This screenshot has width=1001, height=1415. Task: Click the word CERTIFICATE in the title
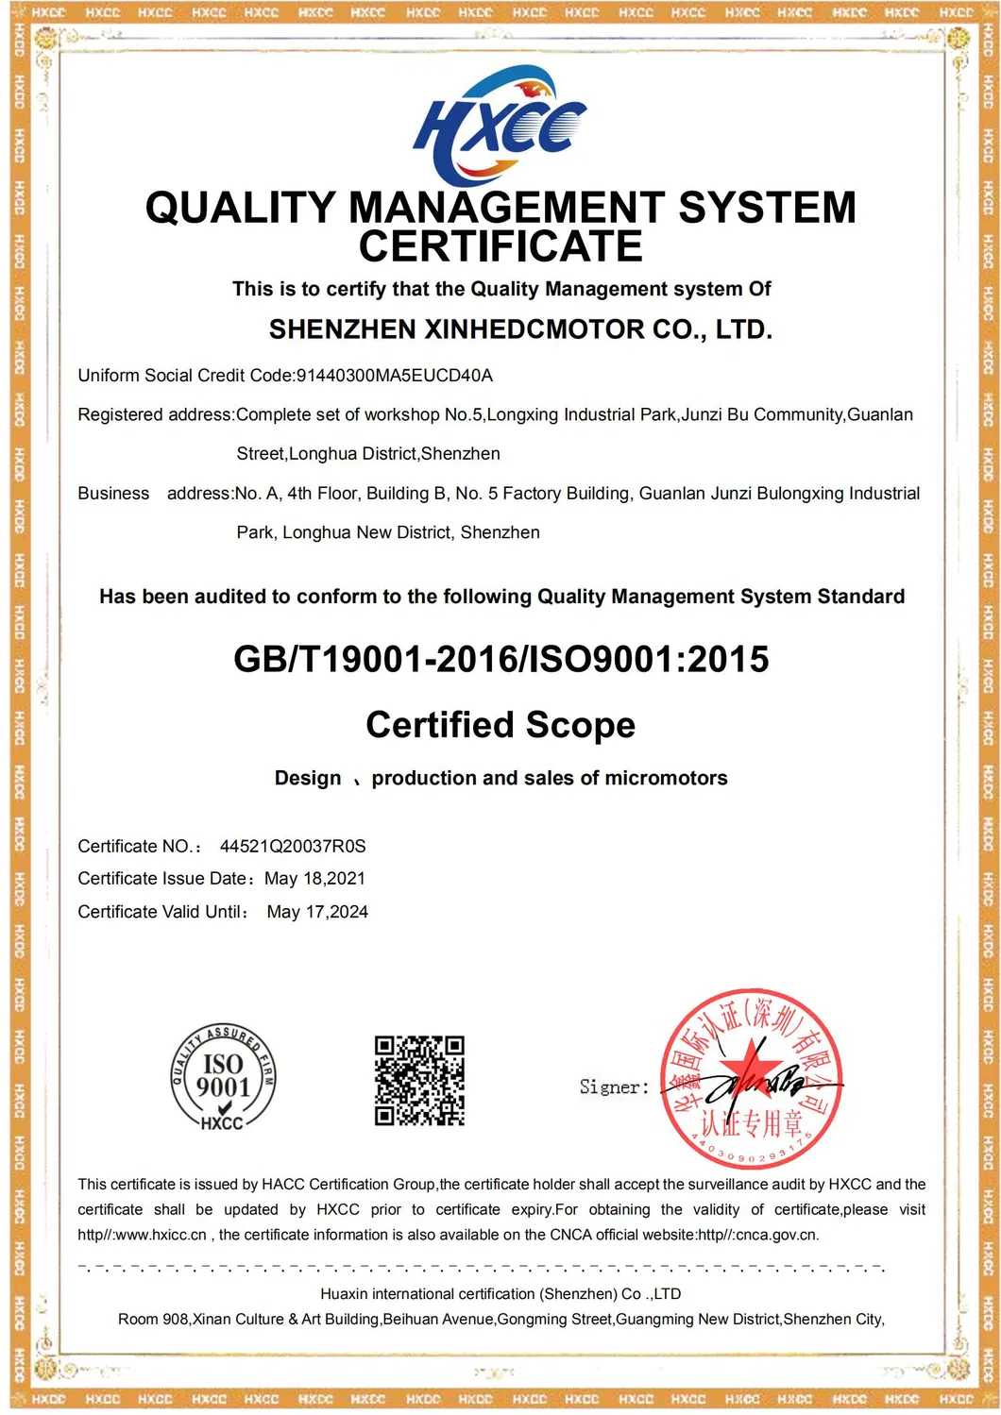pos(500,247)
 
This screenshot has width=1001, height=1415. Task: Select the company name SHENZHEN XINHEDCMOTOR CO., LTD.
pos(520,329)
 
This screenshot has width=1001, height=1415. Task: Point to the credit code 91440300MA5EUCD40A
pos(395,376)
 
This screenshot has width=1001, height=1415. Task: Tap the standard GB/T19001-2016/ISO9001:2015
pos(500,659)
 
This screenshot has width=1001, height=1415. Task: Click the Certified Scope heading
pos(500,725)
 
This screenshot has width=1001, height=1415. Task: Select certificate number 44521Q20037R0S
pos(293,847)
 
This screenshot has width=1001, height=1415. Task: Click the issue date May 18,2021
pos(314,879)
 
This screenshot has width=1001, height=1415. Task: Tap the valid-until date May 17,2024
pos(317,912)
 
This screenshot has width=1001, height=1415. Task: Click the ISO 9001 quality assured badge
pos(223,1077)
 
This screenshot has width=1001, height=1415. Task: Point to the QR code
pos(419,1081)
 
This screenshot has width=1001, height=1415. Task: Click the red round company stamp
pos(751,1079)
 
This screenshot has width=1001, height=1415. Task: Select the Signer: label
pos(614,1087)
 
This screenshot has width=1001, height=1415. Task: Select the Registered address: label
pos(156,414)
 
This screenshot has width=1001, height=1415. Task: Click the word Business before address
pos(113,494)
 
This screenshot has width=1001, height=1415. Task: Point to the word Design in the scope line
pos(308,778)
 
